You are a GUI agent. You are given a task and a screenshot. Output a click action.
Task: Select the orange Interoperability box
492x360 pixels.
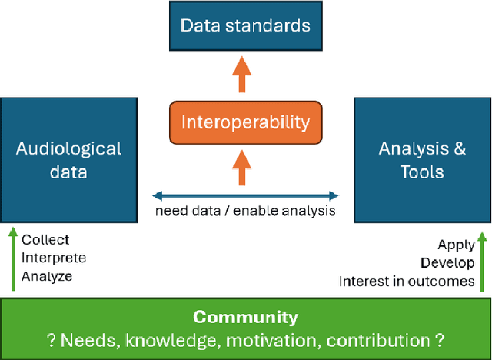coord(245,122)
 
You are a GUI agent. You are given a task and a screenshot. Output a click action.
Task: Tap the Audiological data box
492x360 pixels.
coord(69,159)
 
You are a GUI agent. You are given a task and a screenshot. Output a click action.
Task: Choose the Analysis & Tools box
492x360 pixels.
coord(422,159)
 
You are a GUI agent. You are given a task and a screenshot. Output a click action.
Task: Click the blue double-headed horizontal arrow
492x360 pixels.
coord(245,195)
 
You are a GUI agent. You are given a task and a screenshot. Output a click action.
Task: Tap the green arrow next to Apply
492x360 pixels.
coord(481,264)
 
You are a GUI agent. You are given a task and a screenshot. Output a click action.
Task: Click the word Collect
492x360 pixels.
coord(45,240)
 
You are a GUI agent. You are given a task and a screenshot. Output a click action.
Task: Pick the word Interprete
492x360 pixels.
coord(54,258)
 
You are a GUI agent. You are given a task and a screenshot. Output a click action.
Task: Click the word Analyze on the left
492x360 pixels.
coord(48,275)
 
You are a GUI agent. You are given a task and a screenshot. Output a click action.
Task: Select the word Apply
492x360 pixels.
coord(457,245)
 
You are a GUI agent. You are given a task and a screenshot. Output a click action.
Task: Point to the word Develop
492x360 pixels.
coord(447,263)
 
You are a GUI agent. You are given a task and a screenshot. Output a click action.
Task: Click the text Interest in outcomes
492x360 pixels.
coord(407,281)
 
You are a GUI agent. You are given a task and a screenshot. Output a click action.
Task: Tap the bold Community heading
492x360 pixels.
coord(245,317)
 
